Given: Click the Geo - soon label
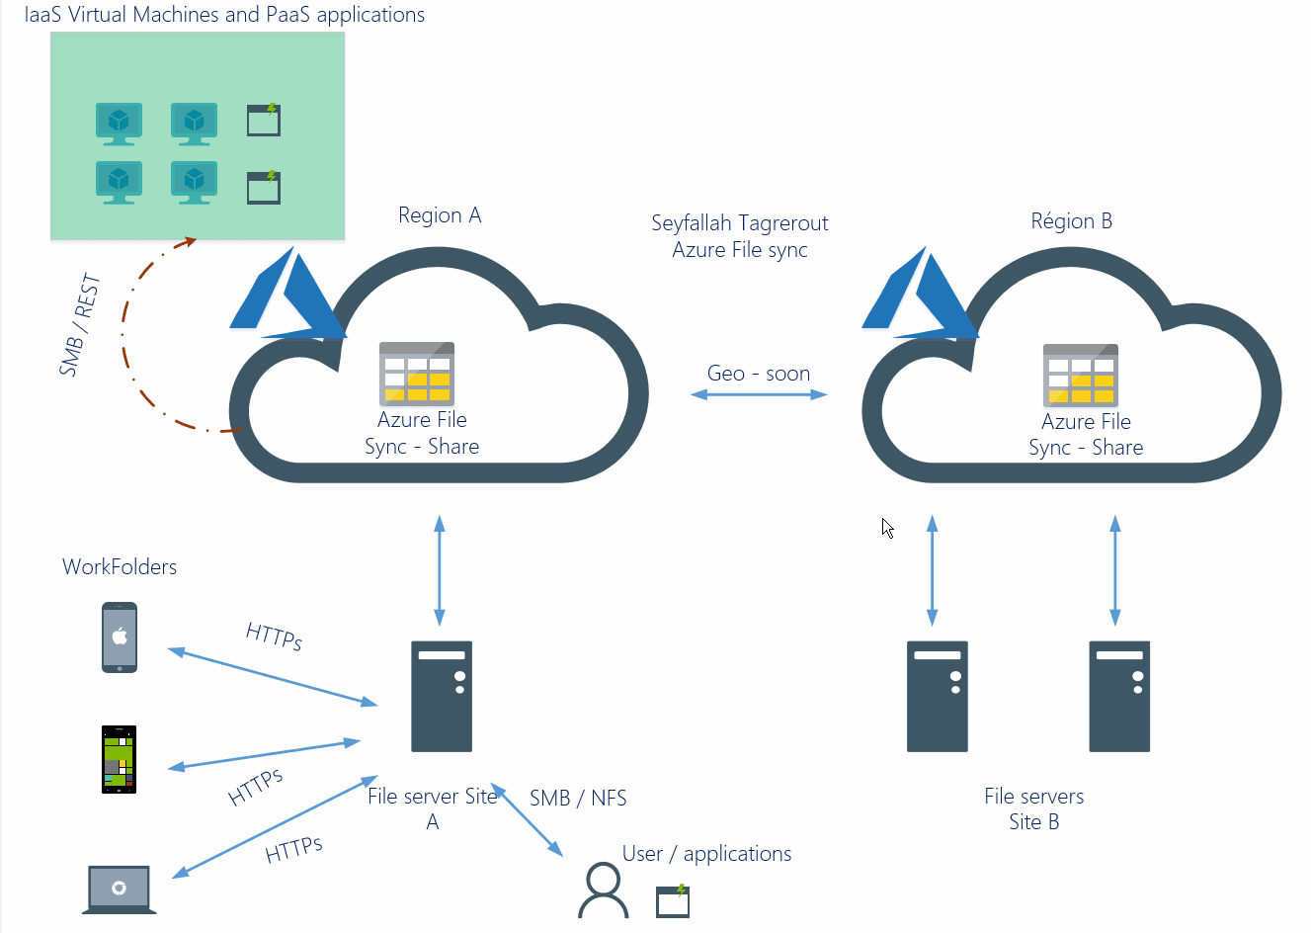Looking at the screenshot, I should tap(758, 374).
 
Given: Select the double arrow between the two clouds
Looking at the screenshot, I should tap(758, 394).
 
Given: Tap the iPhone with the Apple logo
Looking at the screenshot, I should tap(120, 637).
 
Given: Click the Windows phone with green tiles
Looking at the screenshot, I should tap(119, 759).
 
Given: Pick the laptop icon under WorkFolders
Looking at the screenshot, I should tap(119, 890).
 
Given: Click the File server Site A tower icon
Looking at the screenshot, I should tap(442, 696).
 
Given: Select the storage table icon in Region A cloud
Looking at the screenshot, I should tap(416, 374).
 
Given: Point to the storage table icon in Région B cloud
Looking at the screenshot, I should tap(1081, 376).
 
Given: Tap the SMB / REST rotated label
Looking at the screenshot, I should tap(80, 325).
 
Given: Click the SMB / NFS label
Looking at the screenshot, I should tap(578, 798).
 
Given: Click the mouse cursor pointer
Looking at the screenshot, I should tap(887, 529).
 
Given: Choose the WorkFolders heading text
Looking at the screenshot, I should tap(120, 566).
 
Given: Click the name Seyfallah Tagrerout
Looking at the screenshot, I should tap(739, 223).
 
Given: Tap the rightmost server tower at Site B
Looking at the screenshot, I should tap(1118, 696).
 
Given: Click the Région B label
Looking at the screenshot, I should tap(1071, 220).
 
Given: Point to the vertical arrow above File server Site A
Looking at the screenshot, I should tap(440, 570).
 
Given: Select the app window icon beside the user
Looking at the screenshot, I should tap(673, 900).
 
